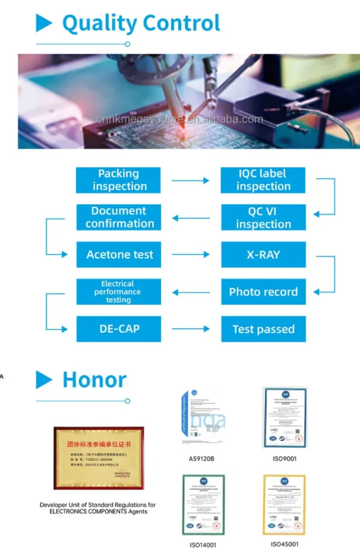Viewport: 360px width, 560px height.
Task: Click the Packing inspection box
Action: coord(118,180)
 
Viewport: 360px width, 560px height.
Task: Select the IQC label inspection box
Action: coord(263,180)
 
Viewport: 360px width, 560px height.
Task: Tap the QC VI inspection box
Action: coord(263,218)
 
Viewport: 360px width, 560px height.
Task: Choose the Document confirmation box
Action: coord(119,217)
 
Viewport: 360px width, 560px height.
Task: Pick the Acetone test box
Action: coord(119,255)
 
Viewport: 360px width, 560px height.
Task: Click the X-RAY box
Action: coord(263,255)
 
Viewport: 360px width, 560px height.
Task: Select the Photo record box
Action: coord(263,292)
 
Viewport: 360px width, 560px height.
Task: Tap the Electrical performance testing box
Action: coord(119,292)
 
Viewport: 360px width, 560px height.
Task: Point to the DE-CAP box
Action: coord(119,329)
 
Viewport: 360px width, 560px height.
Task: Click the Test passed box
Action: coord(263,329)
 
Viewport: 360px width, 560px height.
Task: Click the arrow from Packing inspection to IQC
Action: coord(191,181)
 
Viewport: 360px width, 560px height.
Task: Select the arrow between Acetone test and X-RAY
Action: coord(191,255)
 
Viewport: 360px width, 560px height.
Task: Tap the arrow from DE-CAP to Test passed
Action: coord(191,329)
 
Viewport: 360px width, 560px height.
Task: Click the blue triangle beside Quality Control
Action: coord(44,23)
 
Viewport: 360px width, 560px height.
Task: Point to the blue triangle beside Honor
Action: coord(44,379)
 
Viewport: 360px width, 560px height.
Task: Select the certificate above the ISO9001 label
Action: coord(285,417)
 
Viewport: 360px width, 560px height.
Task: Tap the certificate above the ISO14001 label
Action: coord(203,505)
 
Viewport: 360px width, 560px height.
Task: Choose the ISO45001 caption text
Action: coord(285,544)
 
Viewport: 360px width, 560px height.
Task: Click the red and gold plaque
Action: coord(99,457)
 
